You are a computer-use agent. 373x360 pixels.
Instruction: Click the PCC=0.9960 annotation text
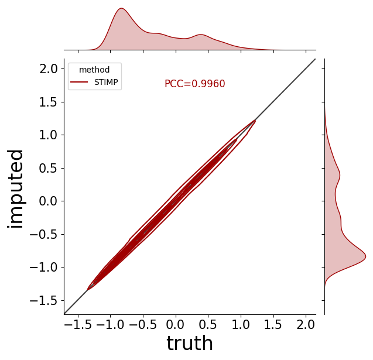(194, 84)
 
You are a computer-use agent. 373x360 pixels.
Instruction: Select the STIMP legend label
(106, 82)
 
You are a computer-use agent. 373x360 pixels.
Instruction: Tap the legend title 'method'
(94, 70)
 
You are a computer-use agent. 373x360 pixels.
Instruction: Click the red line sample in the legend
(79, 82)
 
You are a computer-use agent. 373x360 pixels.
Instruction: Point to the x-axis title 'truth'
(190, 343)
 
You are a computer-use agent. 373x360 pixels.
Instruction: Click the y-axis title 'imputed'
(15, 189)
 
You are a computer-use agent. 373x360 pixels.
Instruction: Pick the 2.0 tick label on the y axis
(49, 69)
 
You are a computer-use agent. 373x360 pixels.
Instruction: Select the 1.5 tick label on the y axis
(49, 102)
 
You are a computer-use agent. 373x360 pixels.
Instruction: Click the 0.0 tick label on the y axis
(49, 201)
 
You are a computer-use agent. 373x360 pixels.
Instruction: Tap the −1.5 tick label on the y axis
(43, 300)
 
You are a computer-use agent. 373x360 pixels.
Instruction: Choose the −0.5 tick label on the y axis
(43, 235)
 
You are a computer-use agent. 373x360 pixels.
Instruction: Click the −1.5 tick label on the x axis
(78, 325)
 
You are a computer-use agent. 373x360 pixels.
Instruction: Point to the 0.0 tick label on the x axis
(176, 325)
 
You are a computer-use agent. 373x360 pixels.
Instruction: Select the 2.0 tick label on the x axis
(306, 325)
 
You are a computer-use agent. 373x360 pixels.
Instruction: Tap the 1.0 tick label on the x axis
(241, 325)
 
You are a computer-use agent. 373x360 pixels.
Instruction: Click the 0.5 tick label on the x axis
(208, 325)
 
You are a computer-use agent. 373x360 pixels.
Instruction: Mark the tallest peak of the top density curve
(122, 8)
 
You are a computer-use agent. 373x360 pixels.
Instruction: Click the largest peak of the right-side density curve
(365, 256)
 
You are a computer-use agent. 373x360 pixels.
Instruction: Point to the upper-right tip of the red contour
(255, 121)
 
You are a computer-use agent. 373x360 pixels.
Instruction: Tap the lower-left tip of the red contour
(88, 289)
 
